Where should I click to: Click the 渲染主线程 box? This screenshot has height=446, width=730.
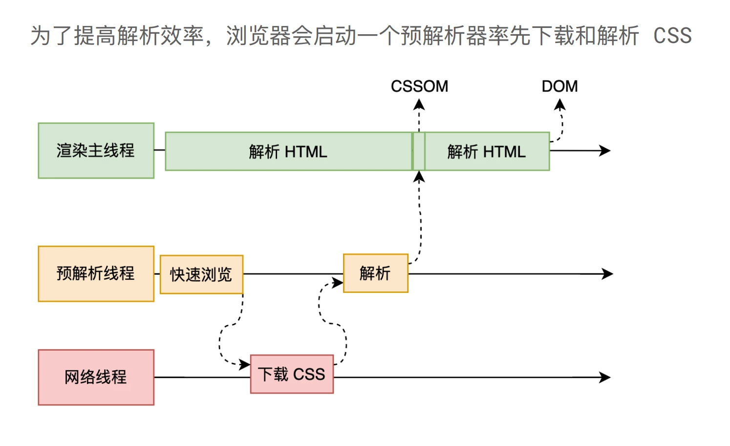click(x=96, y=151)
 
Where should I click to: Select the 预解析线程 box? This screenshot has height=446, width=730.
click(x=96, y=274)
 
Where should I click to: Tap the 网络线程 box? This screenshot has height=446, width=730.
click(x=96, y=378)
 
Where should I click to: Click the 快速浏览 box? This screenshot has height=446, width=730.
click(x=201, y=274)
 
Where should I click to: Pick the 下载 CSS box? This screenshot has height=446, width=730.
click(x=292, y=374)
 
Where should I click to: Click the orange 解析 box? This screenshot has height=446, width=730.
click(x=376, y=273)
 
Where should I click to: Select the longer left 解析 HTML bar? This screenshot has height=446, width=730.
click(x=289, y=152)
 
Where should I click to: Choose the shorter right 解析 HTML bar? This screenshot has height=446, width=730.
click(x=487, y=152)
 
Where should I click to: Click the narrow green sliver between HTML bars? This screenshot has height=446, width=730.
click(x=419, y=152)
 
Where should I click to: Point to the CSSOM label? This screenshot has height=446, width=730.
click(x=419, y=87)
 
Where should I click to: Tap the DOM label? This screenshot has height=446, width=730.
click(x=559, y=87)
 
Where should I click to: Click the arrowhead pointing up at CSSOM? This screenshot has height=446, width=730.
click(x=419, y=105)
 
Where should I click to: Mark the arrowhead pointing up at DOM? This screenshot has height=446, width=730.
click(x=560, y=105)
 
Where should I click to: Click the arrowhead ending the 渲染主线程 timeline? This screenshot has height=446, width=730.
click(x=605, y=151)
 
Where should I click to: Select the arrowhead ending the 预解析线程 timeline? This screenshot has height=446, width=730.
click(x=607, y=274)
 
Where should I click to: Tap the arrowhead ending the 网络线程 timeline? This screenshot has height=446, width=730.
click(x=605, y=378)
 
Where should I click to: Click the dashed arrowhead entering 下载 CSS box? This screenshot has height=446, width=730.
click(x=245, y=364)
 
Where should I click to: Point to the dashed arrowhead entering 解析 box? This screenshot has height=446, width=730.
click(x=338, y=283)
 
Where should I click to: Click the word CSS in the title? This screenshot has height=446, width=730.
click(x=673, y=36)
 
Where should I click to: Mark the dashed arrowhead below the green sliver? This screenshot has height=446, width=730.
click(x=419, y=177)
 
